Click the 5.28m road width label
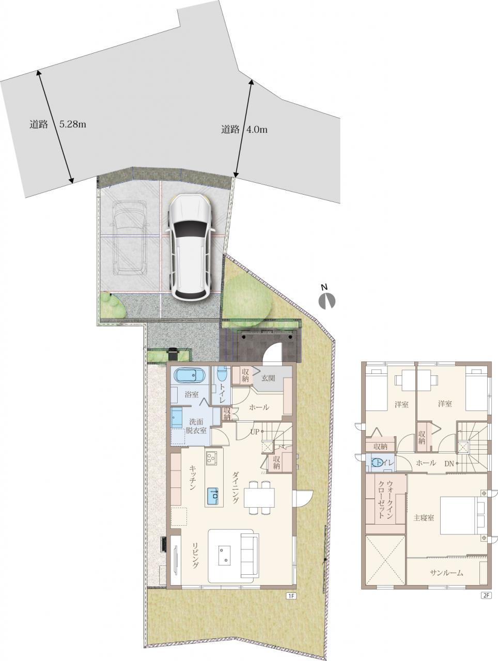[73, 124]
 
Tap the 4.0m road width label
[257, 130]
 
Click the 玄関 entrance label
[268, 378]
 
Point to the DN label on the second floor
[449, 464]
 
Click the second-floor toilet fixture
[377, 462]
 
